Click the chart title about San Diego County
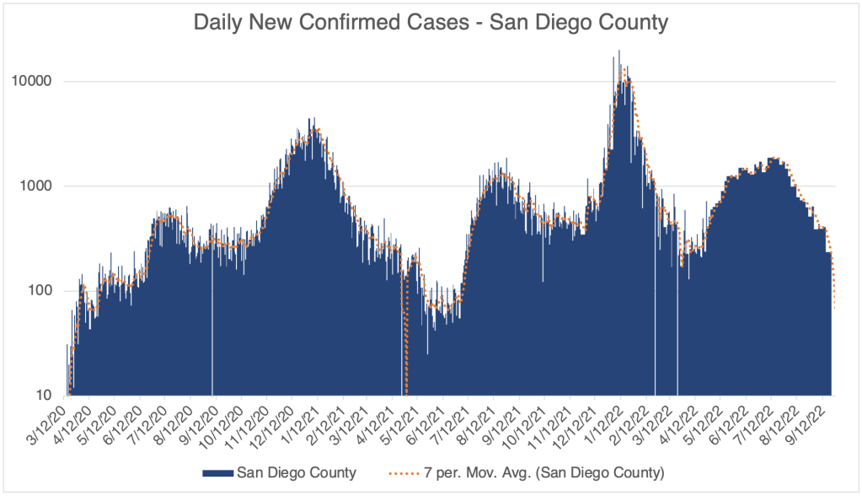431,22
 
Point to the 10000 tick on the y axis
35,82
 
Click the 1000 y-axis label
38,186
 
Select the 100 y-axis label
41,291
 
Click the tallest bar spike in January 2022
619,52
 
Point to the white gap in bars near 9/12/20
212,337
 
